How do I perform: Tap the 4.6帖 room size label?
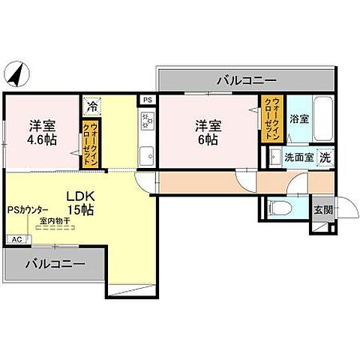[42, 139]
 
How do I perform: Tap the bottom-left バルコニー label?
[53, 264]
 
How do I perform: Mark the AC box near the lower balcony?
[14, 239]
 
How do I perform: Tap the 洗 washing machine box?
[324, 157]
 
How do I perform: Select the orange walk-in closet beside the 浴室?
[270, 119]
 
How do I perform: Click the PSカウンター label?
[28, 211]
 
